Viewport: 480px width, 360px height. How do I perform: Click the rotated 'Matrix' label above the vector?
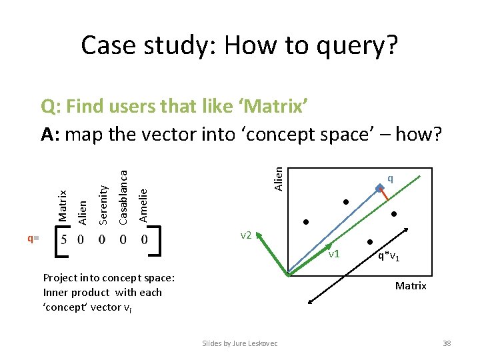point(63,205)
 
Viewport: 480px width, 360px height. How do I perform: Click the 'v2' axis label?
point(245,235)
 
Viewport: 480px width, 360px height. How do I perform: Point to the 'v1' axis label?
point(333,254)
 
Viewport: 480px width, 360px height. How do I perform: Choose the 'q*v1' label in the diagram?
point(389,255)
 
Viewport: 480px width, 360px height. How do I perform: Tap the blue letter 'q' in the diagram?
point(390,178)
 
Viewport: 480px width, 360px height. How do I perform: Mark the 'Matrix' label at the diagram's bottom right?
point(411,286)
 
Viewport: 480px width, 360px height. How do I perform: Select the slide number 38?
point(447,343)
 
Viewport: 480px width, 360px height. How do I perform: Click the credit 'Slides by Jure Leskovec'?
point(240,343)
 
